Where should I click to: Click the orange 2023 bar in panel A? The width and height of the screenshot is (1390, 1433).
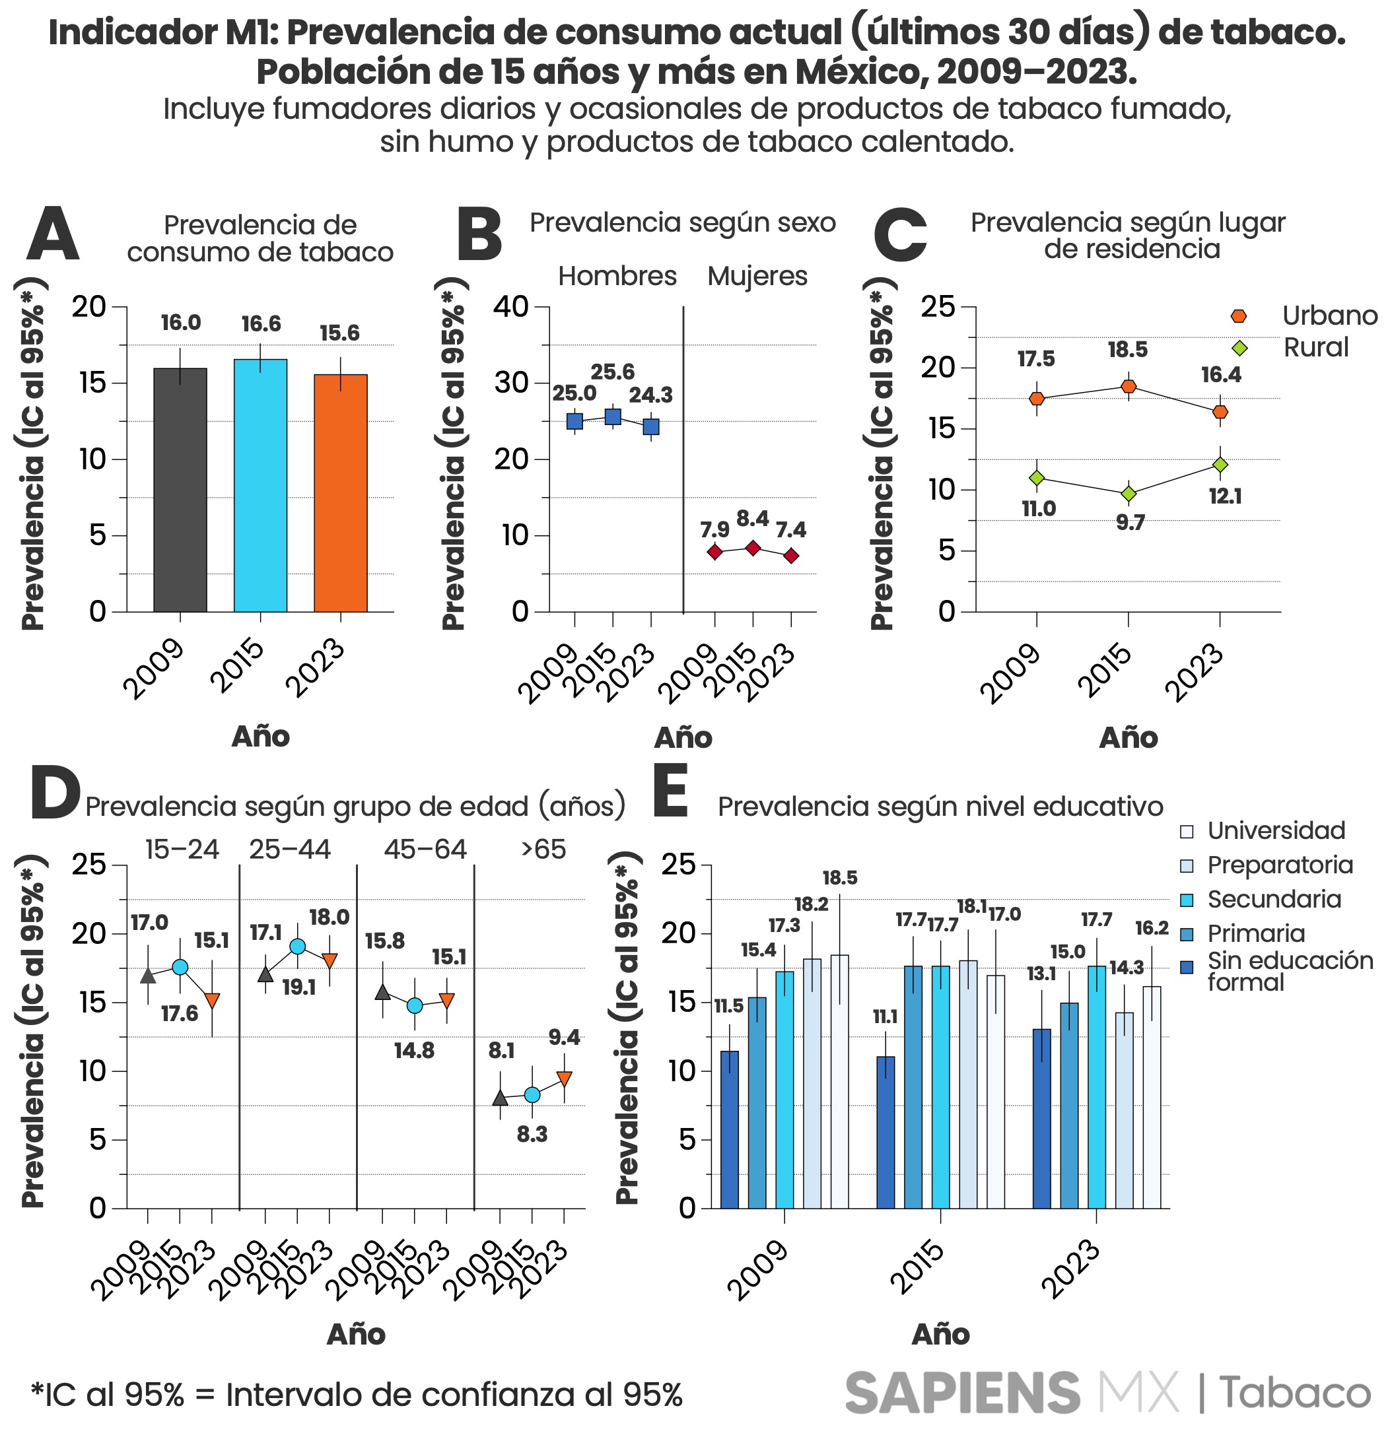click(x=340, y=494)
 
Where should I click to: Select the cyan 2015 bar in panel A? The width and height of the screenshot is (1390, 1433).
click(x=260, y=486)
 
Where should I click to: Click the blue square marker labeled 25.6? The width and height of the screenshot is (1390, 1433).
click(x=613, y=417)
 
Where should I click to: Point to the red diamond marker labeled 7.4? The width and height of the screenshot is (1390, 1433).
click(x=791, y=556)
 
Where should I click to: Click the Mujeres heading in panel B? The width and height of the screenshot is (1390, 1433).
click(x=757, y=277)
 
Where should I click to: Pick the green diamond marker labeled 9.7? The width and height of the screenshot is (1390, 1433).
click(x=1129, y=494)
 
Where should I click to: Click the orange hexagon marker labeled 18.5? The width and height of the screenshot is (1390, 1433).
click(x=1129, y=386)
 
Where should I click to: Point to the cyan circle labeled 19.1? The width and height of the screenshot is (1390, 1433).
click(x=298, y=947)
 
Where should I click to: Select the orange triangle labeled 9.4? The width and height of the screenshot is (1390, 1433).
click(x=564, y=1078)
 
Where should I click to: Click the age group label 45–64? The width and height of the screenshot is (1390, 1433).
click(x=425, y=850)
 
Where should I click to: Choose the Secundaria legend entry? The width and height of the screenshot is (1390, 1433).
click(x=1273, y=899)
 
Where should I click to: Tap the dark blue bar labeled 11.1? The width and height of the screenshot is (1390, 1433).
click(x=886, y=1133)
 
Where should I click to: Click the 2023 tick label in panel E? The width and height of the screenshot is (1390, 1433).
click(x=1073, y=1271)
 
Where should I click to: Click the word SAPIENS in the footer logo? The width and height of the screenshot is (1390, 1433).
click(x=962, y=1393)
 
